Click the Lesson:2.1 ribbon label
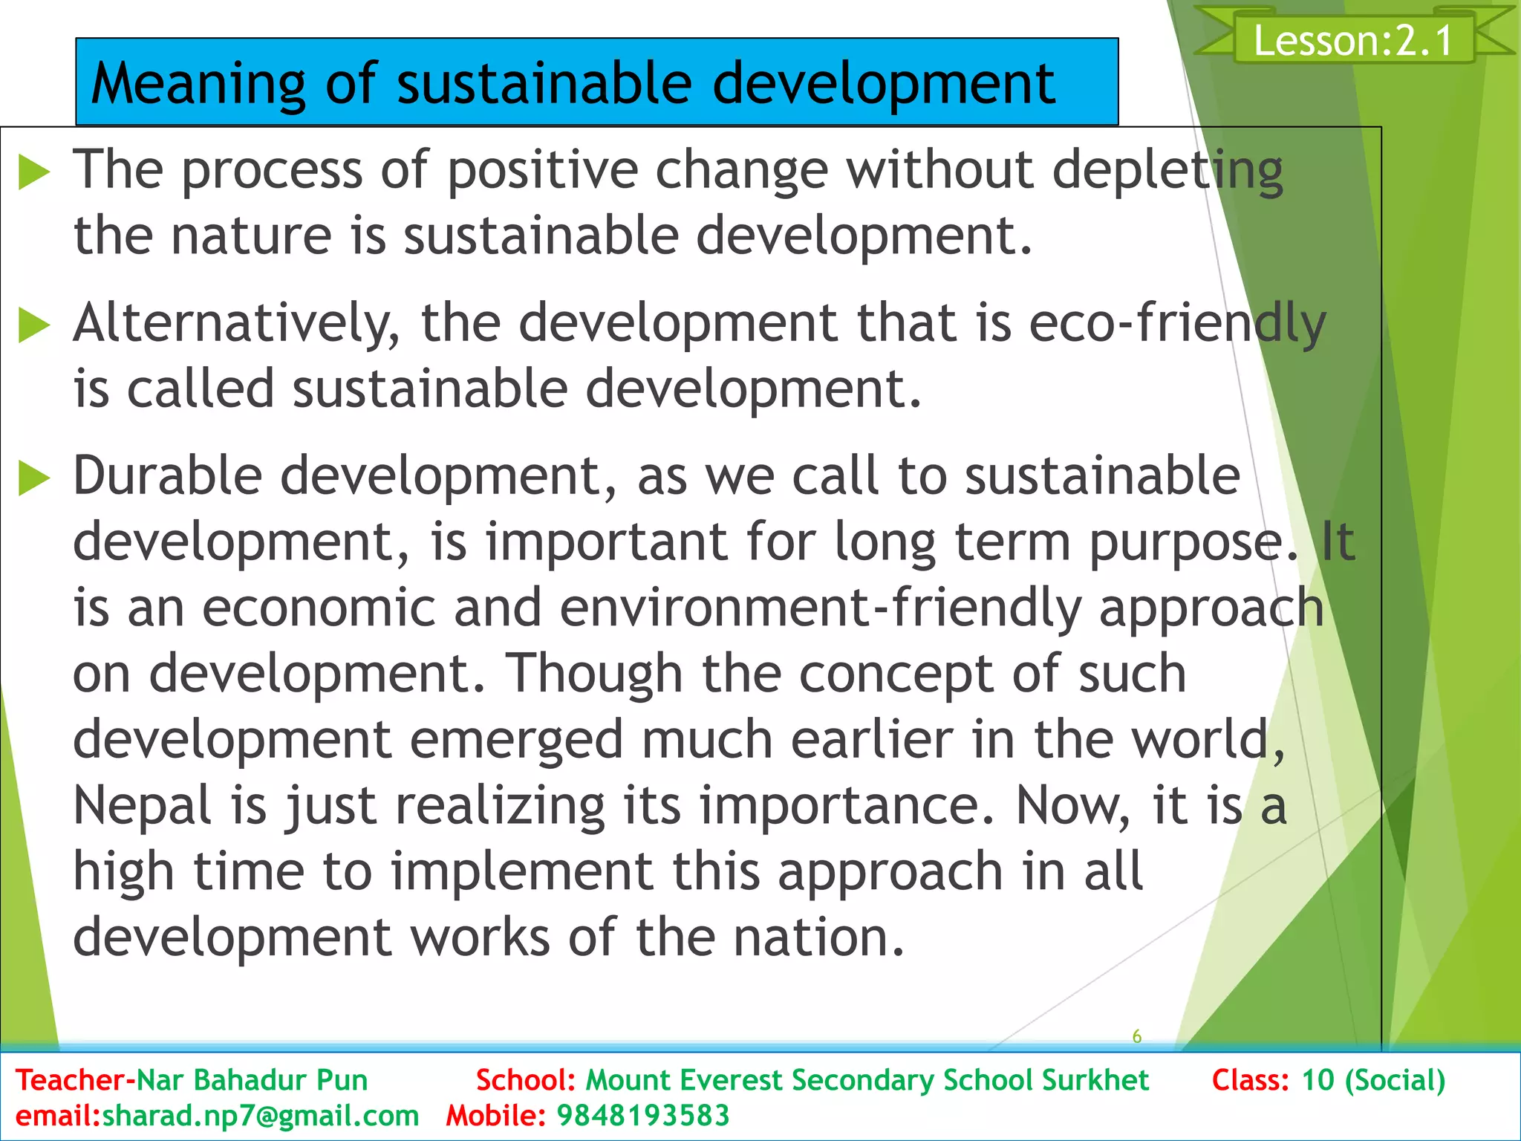pyautogui.click(x=1353, y=40)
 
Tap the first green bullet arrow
pyautogui.click(x=33, y=172)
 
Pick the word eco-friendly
pyautogui.click(x=1177, y=324)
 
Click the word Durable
pyautogui.click(x=168, y=476)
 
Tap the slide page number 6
pyautogui.click(x=1136, y=1036)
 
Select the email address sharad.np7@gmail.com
pyautogui.click(x=261, y=1116)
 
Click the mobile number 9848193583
pyautogui.click(x=643, y=1116)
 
